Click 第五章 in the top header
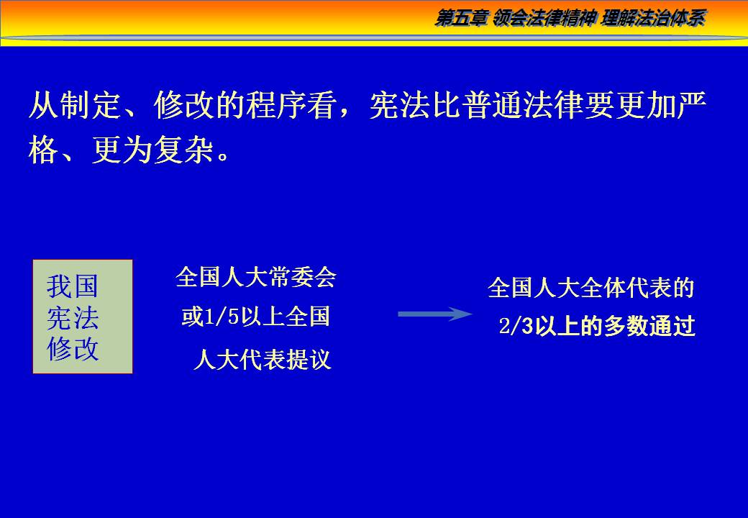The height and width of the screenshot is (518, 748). (461, 19)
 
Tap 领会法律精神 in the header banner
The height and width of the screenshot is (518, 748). (544, 19)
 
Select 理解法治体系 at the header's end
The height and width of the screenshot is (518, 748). (653, 19)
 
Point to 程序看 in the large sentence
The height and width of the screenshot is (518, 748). (292, 105)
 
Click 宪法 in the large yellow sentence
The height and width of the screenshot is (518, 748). (399, 105)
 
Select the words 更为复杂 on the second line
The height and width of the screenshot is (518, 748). (152, 150)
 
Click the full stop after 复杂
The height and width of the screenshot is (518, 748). (222, 155)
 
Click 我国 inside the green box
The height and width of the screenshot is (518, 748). (73, 286)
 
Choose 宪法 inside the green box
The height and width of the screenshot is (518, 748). (73, 318)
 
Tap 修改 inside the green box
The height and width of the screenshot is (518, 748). (73, 349)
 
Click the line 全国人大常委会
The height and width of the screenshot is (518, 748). (256, 277)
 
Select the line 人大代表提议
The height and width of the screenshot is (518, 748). (263, 360)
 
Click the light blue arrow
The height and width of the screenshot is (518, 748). (435, 314)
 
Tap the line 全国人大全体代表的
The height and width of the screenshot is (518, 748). (590, 288)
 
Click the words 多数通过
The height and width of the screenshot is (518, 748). (649, 326)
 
